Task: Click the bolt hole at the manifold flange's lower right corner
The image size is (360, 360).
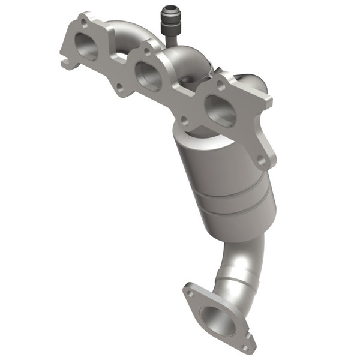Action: click(x=261, y=160)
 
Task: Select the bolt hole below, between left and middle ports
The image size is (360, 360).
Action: click(x=120, y=88)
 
